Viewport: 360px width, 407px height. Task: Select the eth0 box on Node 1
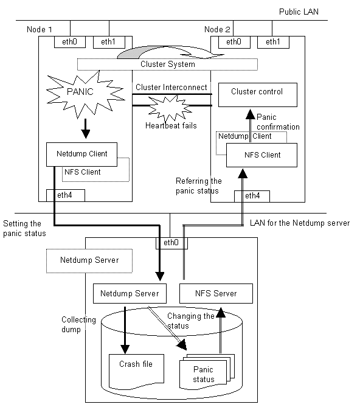click(70, 42)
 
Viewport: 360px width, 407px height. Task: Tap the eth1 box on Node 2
click(273, 42)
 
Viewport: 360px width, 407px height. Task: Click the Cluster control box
click(258, 95)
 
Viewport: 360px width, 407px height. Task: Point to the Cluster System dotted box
click(167, 64)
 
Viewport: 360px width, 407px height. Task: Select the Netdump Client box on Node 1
click(81, 154)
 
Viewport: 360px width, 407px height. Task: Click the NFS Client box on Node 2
click(261, 155)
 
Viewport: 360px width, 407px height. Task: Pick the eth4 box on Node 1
click(66, 195)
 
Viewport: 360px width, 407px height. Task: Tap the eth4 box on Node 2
click(252, 197)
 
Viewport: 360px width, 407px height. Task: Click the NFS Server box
click(216, 293)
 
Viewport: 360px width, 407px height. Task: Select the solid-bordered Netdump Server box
click(130, 293)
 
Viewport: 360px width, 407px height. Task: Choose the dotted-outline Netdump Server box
click(89, 261)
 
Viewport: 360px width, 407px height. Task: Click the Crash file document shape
click(136, 372)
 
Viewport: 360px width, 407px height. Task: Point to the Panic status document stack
click(207, 372)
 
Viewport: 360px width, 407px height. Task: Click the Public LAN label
click(299, 12)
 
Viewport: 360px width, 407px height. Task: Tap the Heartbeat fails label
click(171, 126)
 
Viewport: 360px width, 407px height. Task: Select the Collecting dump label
click(78, 324)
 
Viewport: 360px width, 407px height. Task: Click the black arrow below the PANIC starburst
click(86, 129)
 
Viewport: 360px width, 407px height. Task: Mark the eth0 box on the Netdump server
click(171, 243)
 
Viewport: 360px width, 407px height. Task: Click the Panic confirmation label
click(278, 122)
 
